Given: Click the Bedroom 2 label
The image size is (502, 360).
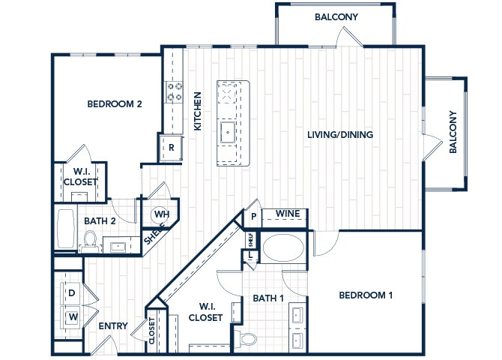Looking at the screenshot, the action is coord(115,103).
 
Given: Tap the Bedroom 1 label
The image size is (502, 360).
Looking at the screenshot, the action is coord(366,295).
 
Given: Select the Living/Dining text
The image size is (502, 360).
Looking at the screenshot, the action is coord(340,134).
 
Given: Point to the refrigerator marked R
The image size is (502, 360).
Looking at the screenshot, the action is coord(172,148).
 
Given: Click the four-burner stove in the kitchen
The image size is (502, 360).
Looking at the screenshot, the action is coord(175,91).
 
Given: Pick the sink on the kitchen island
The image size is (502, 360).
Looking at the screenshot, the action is coord(228,132).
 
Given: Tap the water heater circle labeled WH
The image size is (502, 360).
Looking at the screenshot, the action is coord(160,214).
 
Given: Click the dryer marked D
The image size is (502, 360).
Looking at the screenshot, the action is coord(71,293).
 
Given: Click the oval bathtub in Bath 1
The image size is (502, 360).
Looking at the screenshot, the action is coord(283,248).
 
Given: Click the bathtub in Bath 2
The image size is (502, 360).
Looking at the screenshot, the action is coord(66,229).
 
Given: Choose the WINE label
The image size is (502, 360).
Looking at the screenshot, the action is coord(288,214).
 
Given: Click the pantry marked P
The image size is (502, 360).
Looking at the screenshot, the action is coord(253,217).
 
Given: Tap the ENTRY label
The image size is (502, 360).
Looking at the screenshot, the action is coord(113,326).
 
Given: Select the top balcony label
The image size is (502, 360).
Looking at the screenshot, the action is coord(336,17).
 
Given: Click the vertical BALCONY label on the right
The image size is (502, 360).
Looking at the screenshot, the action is coord(453,132).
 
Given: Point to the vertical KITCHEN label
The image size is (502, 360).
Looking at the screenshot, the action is coord(198,111).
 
